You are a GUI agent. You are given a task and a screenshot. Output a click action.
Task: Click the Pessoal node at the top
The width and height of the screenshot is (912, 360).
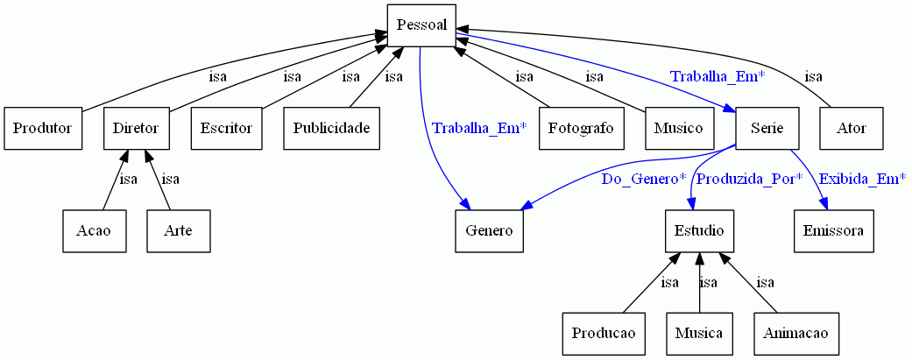pos(421,25)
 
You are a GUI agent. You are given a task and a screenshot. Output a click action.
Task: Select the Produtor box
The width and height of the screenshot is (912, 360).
pos(43,129)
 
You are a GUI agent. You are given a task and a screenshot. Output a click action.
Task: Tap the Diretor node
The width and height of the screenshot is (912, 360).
pos(136,129)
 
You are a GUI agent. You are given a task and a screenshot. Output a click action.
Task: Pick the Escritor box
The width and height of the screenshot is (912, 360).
pos(226,129)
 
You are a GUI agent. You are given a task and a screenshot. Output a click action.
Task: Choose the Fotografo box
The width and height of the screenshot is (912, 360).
pos(581,129)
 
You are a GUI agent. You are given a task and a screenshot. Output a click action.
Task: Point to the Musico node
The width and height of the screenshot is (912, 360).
pos(678,129)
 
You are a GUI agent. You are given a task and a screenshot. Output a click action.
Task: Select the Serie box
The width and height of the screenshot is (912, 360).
pos(767,129)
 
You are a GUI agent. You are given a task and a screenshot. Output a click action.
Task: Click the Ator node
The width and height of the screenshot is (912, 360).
pos(852,129)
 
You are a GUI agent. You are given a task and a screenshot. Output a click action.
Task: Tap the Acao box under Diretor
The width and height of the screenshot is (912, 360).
pos(95,231)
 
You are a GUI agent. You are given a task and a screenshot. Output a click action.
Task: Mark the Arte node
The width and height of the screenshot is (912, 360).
pos(179,231)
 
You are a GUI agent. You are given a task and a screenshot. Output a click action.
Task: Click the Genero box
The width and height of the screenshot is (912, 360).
pos(489,231)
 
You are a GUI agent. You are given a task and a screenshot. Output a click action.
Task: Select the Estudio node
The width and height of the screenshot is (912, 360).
pos(698,231)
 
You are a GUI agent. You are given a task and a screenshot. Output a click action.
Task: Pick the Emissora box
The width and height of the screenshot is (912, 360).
pos(833,231)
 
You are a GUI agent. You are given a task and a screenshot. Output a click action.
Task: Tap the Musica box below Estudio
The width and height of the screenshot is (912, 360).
pos(698,334)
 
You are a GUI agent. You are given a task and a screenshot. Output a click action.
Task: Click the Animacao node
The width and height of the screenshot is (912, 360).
pos(796,334)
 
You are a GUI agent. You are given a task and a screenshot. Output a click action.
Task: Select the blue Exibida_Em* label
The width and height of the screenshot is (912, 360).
pos(862,180)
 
